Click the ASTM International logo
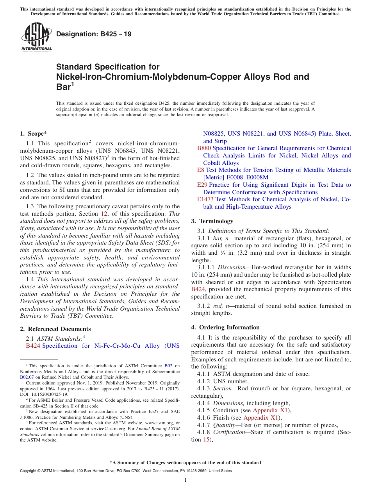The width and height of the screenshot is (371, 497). click(x=36, y=37)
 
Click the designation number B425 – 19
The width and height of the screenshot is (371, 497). click(x=94, y=34)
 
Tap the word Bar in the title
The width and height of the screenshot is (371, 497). click(x=63, y=87)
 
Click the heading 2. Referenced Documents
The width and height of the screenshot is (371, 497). click(x=55, y=329)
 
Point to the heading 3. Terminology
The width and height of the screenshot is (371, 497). click(x=212, y=221)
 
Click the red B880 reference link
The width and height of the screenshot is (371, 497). click(x=204, y=148)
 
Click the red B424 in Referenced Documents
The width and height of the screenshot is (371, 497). click(x=33, y=346)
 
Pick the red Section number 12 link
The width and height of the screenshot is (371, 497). click(x=104, y=214)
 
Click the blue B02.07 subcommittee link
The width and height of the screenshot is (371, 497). click(x=27, y=377)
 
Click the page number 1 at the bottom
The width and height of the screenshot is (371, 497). click(x=185, y=480)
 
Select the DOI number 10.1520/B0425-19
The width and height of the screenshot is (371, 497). click(x=45, y=394)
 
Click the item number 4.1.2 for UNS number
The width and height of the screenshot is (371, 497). click(x=205, y=381)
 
